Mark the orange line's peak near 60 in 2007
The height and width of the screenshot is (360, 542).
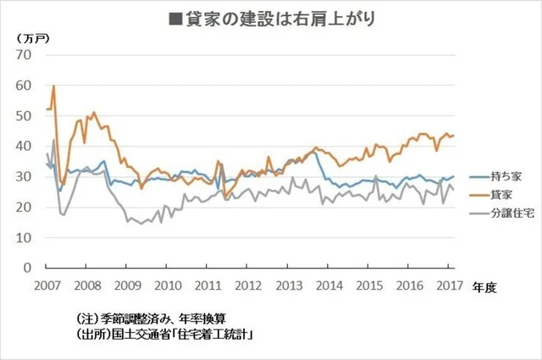pos(53,86)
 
